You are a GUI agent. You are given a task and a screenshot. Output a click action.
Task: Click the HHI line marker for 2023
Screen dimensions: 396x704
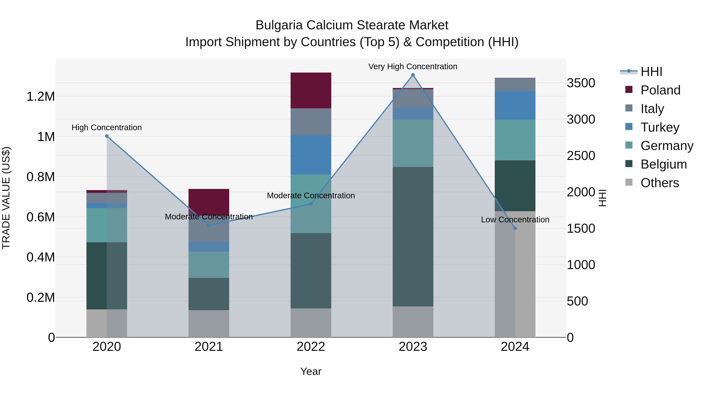point(413,75)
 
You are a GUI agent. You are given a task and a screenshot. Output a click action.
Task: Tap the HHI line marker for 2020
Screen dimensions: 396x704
point(107,136)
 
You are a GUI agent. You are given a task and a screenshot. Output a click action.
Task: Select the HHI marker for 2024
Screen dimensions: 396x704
point(515,228)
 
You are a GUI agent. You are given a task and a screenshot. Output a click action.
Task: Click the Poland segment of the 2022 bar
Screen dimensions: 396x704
point(311,91)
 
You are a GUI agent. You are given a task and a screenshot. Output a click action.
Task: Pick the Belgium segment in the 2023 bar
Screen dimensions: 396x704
point(413,236)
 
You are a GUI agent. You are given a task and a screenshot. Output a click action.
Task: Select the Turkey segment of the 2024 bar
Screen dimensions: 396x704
point(515,105)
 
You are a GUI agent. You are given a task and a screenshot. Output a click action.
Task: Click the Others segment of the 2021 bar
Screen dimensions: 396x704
point(209,324)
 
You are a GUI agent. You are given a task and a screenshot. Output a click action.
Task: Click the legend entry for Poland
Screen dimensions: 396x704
point(660,90)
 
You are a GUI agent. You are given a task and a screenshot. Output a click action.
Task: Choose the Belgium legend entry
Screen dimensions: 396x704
point(663,164)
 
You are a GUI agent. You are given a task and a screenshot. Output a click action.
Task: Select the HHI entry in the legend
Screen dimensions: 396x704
point(651,72)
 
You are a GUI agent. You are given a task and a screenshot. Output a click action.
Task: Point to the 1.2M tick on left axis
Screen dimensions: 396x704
point(40,96)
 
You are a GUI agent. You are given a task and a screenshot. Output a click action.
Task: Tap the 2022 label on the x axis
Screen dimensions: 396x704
point(311,347)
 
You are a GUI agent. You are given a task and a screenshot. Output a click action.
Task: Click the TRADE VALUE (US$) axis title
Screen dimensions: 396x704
point(6,198)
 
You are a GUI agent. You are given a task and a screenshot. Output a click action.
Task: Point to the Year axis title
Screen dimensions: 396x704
point(311,371)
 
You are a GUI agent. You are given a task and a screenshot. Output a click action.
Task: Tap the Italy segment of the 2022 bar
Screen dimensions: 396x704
point(311,122)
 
